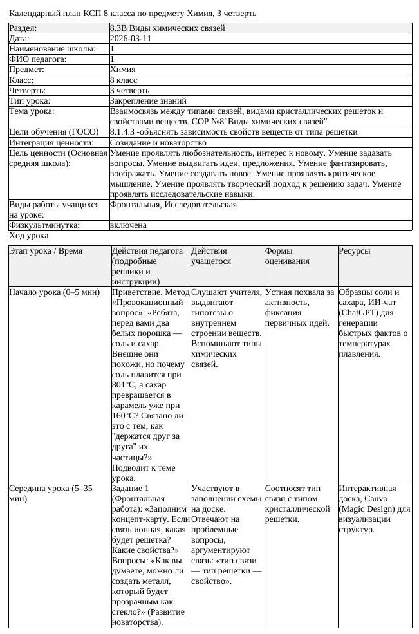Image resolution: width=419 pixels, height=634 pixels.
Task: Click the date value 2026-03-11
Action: [x=131, y=39]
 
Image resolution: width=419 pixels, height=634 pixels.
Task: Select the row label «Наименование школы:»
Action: [x=52, y=49]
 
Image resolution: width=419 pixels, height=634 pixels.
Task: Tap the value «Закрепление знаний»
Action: [x=148, y=100]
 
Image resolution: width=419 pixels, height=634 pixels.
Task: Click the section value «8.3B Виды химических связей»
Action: [x=167, y=28]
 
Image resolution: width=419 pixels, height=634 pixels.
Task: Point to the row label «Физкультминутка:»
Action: [x=44, y=225]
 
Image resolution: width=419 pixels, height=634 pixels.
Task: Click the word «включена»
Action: [x=129, y=225]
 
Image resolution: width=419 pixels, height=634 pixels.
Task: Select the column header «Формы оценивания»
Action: [x=287, y=256]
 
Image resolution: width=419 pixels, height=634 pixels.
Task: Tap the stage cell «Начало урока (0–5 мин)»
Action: [x=54, y=292]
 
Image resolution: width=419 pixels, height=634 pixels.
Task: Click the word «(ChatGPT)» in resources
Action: [x=359, y=313]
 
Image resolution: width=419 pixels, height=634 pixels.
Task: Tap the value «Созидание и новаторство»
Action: [x=158, y=142]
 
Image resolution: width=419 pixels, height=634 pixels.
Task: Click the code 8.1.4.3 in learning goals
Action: [x=123, y=132]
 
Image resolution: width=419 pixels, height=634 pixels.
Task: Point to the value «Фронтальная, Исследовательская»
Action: [x=173, y=205]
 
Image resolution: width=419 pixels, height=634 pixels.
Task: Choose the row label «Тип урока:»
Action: [x=30, y=100]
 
